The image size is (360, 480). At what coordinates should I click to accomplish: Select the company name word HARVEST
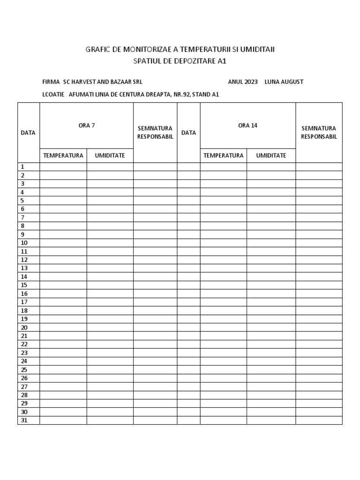pos(86,82)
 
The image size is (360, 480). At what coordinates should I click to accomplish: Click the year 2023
pos(250,82)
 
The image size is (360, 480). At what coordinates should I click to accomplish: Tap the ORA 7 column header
pos(87,125)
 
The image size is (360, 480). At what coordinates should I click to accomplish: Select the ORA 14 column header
pos(247,125)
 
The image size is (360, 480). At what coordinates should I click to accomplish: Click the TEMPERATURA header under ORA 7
pos(63,155)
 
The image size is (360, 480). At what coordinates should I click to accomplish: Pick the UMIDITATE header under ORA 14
pos(271,155)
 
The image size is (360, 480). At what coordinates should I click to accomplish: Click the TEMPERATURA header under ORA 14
pos(224,155)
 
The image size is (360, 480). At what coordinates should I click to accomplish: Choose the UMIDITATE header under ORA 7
pos(110,155)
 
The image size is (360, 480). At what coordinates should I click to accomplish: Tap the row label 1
pos(22,166)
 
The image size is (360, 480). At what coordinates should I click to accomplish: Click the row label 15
pos(24,285)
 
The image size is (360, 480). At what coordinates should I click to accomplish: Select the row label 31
pos(24,420)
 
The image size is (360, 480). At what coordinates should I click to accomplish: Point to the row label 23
pos(24,352)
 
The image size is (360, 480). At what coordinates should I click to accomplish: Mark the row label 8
pos(22,225)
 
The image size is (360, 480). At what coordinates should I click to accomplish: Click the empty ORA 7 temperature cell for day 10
pos(63,243)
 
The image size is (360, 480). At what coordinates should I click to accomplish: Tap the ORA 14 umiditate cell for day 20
pos(271,327)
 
